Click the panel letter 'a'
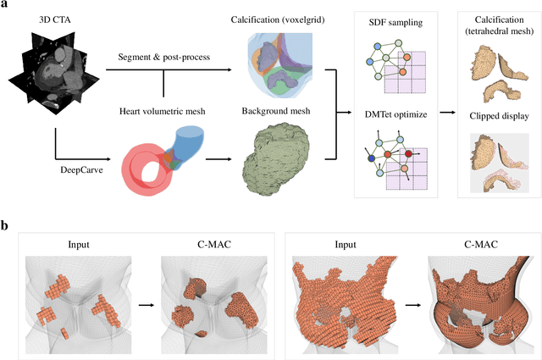5,5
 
